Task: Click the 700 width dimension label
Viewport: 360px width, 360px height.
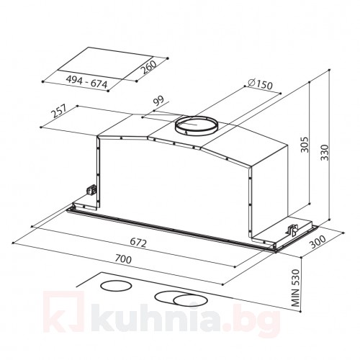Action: coord(123,259)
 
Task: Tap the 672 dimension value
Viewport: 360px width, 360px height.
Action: coord(138,243)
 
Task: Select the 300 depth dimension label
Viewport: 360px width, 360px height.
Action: coord(318,242)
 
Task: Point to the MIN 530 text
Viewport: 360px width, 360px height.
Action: coord(296,288)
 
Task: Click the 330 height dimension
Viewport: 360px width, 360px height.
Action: coord(324,153)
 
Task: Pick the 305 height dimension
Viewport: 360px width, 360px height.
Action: coord(305,145)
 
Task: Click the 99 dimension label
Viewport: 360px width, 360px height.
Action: coord(158,101)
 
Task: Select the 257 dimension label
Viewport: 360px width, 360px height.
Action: coord(60,111)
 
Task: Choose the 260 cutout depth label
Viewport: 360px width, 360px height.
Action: coord(148,67)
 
